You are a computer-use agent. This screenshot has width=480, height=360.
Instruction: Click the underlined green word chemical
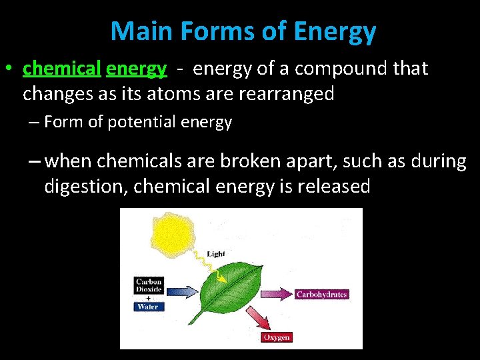click(61, 69)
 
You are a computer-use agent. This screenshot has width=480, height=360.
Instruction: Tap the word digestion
click(85, 187)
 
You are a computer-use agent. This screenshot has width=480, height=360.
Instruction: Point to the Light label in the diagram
click(216, 254)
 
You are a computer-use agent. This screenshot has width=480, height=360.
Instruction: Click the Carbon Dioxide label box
click(149, 286)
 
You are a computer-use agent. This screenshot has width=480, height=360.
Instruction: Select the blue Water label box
click(148, 307)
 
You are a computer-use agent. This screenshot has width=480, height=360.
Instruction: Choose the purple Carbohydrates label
click(321, 294)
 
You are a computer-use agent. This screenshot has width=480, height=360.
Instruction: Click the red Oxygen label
click(276, 337)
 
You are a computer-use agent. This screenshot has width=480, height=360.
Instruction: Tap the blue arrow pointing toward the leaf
click(182, 291)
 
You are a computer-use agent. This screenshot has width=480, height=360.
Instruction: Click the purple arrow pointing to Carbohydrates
click(277, 294)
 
